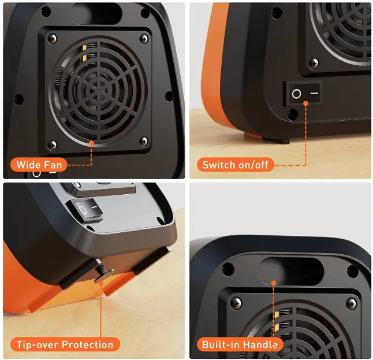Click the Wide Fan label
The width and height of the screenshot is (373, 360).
pyautogui.click(x=39, y=165)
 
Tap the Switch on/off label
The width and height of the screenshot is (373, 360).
pyautogui.click(x=235, y=165)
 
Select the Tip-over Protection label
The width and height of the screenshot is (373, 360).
pyautogui.click(x=65, y=345)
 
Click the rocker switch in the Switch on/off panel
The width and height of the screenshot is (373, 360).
pyautogui.click(x=305, y=93)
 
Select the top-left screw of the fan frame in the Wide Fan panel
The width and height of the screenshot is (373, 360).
pyautogui.click(x=53, y=39)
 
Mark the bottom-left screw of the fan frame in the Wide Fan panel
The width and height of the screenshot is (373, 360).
pyautogui.click(x=53, y=143)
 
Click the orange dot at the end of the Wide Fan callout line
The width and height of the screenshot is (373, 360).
pyautogui.click(x=91, y=141)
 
